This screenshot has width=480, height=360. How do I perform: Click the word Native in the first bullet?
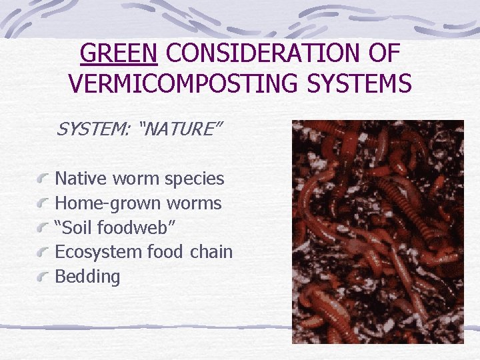[x=81, y=179]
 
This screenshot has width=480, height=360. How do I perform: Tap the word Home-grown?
[x=103, y=203]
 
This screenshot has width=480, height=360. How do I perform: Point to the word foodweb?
[x=134, y=227]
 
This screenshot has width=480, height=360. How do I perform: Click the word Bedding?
[x=87, y=277]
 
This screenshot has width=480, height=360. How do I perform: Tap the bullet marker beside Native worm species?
[x=43, y=179]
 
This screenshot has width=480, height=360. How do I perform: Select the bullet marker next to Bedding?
[x=43, y=276]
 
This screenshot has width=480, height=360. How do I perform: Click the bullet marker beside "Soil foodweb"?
[x=43, y=227]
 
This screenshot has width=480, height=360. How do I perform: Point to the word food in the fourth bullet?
[x=164, y=252]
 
